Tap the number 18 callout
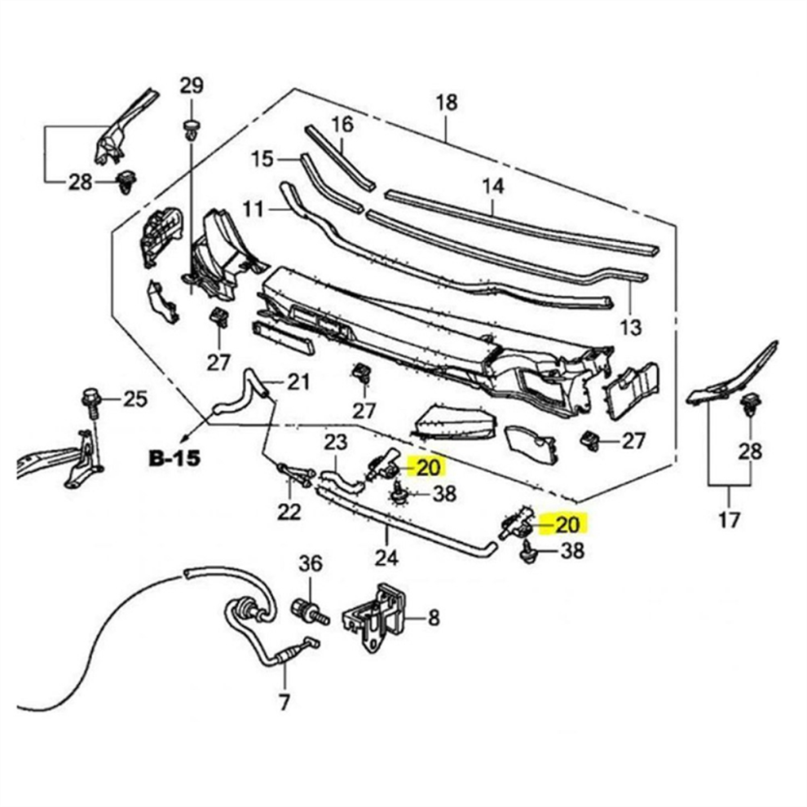(x=447, y=103)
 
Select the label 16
(x=342, y=125)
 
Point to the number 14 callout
(x=492, y=187)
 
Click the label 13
(x=630, y=327)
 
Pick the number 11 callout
(x=254, y=209)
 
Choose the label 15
(x=262, y=159)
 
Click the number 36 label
(x=311, y=562)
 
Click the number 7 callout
(x=284, y=701)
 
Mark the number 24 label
(x=386, y=558)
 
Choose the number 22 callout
(x=289, y=511)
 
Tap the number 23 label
(x=336, y=443)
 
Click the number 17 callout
(x=729, y=518)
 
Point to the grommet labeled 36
(x=304, y=609)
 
